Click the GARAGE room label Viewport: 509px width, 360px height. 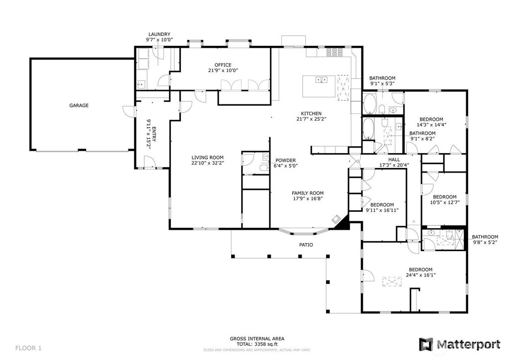tap(79, 105)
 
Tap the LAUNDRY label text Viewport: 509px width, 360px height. tap(160, 34)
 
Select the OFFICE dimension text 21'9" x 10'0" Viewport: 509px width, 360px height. tap(223, 70)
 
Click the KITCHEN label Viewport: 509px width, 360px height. tap(311, 113)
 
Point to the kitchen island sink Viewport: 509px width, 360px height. tap(322, 79)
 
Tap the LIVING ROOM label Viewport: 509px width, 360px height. tap(207, 158)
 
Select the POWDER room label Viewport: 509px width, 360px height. tap(286, 161)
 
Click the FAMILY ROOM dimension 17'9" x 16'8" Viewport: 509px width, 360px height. tap(307, 198)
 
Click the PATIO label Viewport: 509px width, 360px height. tap(306, 245)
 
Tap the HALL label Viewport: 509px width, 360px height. tap(394, 160)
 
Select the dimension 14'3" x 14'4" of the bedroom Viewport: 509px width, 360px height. tap(431, 124)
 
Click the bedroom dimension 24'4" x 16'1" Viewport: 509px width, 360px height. tap(421, 275)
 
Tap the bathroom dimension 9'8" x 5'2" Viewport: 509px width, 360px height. tap(485, 242)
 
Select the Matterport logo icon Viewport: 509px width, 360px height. tap(425, 345)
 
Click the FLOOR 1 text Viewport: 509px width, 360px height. tap(28, 348)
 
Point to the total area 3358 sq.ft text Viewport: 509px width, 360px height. tap(257, 344)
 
